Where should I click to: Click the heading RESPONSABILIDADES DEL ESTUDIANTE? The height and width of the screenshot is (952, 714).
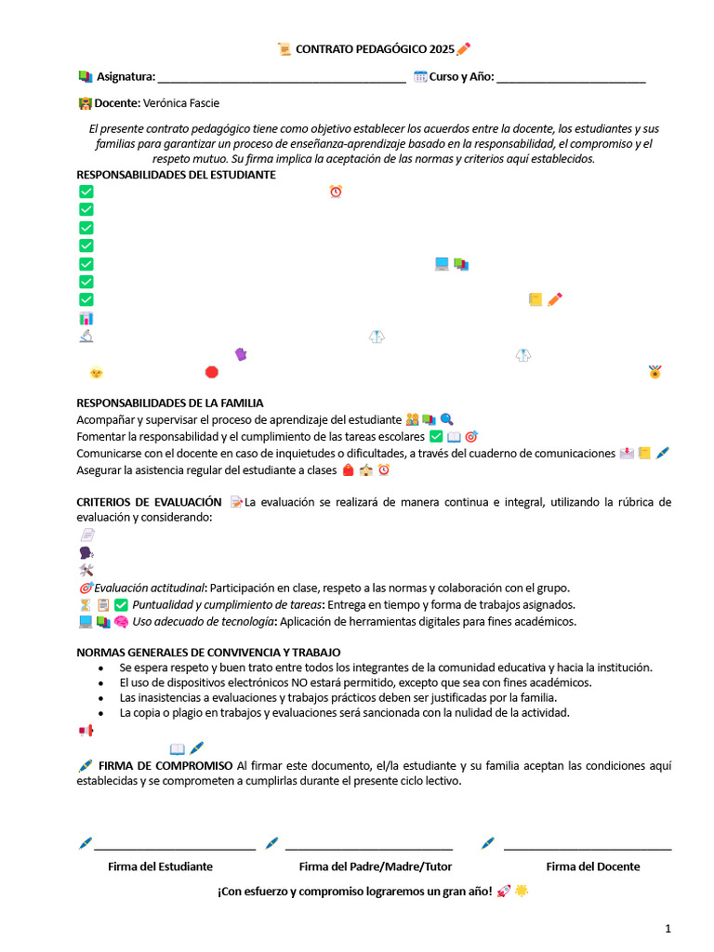[x=176, y=175]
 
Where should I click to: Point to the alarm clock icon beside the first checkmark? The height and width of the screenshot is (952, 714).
[x=336, y=192]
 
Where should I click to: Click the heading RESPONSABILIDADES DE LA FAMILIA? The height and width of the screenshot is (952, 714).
[x=169, y=403]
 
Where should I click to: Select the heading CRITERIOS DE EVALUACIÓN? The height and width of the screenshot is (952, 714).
[x=149, y=502]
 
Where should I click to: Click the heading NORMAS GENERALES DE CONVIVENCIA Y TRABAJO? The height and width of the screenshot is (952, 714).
[x=208, y=653]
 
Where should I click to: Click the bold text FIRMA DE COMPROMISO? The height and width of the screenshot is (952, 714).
[x=165, y=765]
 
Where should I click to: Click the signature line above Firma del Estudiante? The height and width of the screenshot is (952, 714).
[x=174, y=847]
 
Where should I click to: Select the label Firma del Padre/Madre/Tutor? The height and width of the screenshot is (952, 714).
[x=376, y=866]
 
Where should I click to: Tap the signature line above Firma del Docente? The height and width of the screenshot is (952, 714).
[x=587, y=847]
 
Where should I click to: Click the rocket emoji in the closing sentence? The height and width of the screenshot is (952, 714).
[x=504, y=891]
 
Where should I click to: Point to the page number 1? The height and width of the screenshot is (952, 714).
[x=668, y=928]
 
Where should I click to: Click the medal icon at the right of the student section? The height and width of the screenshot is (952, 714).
[x=655, y=373]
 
